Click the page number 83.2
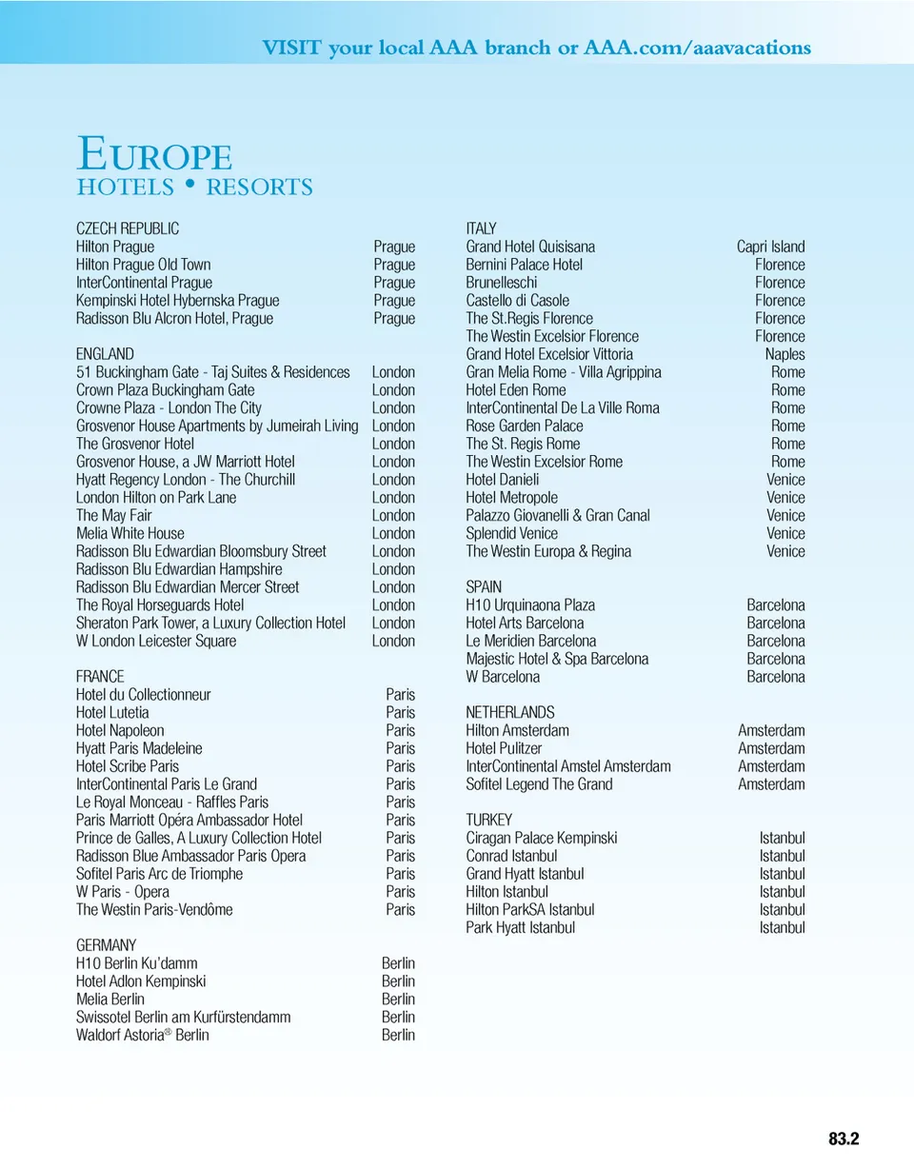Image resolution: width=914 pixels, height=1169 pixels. [x=844, y=1139]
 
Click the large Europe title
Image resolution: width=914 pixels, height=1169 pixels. [x=154, y=154]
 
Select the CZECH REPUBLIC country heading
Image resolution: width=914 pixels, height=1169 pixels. [x=128, y=228]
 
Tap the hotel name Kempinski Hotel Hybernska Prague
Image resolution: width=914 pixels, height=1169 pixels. [x=177, y=301]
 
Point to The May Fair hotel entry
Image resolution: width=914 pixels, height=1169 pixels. [x=114, y=516]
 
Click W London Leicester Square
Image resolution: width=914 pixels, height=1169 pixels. [x=156, y=642]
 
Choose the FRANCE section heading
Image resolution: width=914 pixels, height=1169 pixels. [x=100, y=677]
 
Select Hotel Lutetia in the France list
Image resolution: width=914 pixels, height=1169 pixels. [x=112, y=713]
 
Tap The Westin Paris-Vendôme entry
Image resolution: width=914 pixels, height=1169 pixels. [x=154, y=910]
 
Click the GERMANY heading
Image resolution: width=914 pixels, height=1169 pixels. [x=107, y=945]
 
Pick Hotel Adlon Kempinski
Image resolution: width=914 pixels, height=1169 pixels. [x=141, y=981]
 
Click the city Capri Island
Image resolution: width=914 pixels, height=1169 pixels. [x=770, y=247]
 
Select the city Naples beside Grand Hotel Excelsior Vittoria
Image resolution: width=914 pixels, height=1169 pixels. [x=785, y=354]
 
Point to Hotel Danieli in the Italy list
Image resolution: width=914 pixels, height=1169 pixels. [x=503, y=480]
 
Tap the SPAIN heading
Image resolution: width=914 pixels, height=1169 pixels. [x=484, y=587]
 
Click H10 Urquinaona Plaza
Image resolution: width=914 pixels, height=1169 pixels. [x=530, y=605]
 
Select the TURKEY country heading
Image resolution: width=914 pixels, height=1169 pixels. [x=489, y=820]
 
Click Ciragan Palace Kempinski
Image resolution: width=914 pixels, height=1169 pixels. [x=542, y=838]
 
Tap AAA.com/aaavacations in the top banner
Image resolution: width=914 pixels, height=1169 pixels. [x=698, y=48]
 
